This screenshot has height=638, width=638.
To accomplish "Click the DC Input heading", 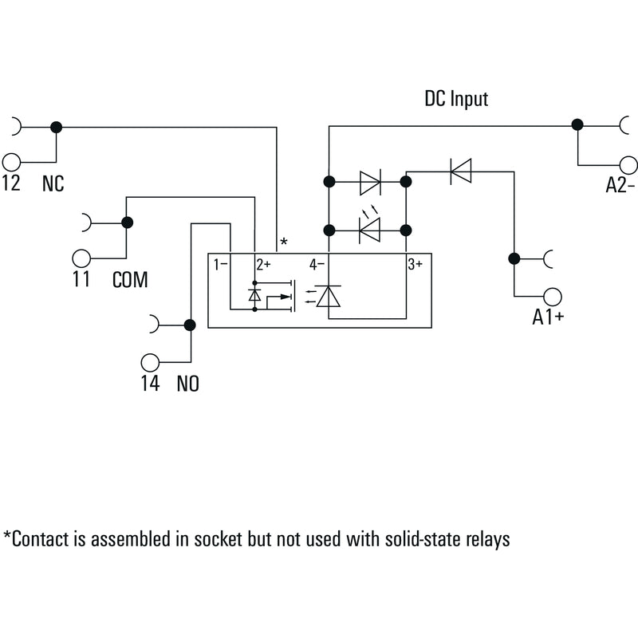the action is pyautogui.click(x=456, y=99).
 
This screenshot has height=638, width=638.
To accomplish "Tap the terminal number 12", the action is pyautogui.click(x=11, y=183).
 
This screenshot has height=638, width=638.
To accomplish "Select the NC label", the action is pyautogui.click(x=53, y=183).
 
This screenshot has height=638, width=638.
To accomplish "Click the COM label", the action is pyautogui.click(x=130, y=280).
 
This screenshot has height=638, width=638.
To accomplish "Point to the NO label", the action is pyautogui.click(x=188, y=384).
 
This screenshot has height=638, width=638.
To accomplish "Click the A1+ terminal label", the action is pyautogui.click(x=548, y=317).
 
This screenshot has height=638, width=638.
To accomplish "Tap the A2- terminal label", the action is pyautogui.click(x=620, y=185).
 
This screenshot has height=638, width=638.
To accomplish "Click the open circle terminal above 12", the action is pyautogui.click(x=11, y=163).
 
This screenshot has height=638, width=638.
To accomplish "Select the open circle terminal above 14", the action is pyautogui.click(x=150, y=362).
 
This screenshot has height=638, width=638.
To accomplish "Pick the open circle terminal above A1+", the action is pyautogui.click(x=553, y=297).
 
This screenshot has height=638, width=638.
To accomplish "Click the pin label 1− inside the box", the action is pyautogui.click(x=221, y=265).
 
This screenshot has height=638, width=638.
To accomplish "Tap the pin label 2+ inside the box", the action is pyautogui.click(x=263, y=265).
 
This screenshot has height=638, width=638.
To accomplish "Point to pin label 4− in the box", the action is pyautogui.click(x=317, y=265).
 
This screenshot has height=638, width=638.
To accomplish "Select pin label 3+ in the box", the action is pyautogui.click(x=415, y=265).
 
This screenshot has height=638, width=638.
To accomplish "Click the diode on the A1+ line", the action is pyautogui.click(x=461, y=171).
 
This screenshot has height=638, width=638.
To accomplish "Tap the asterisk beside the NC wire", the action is pyautogui.click(x=284, y=242).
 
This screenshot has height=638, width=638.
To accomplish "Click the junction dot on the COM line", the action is pyautogui.click(x=128, y=223).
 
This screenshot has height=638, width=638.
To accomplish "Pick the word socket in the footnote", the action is pyautogui.click(x=218, y=539).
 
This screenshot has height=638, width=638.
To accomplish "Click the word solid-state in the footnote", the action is pyautogui.click(x=422, y=539).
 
